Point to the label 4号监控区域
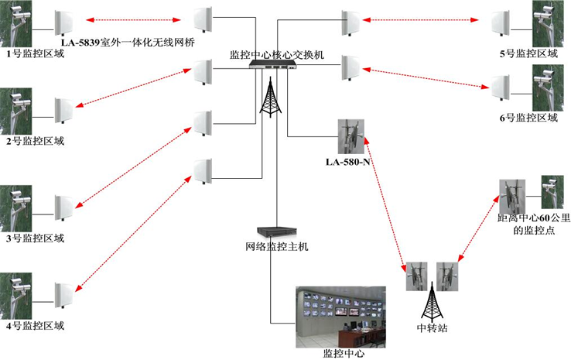click(x=32, y=325)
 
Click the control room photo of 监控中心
click(x=340, y=317)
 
